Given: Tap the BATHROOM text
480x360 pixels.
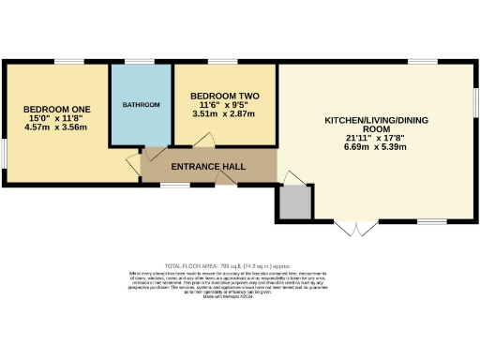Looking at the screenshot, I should pos(141,104).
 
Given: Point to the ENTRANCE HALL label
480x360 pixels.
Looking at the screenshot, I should pos(208,166).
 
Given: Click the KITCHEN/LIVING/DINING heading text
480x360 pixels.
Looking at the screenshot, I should pos(374,121).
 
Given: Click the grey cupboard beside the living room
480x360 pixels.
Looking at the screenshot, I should pos(294,202).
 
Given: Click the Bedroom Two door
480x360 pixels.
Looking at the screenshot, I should pos(201,141).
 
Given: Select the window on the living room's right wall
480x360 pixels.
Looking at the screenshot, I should pos(476,98).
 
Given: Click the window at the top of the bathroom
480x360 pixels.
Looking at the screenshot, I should pos(141,61).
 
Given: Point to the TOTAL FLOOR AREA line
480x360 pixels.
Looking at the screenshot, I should pos(239,266).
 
